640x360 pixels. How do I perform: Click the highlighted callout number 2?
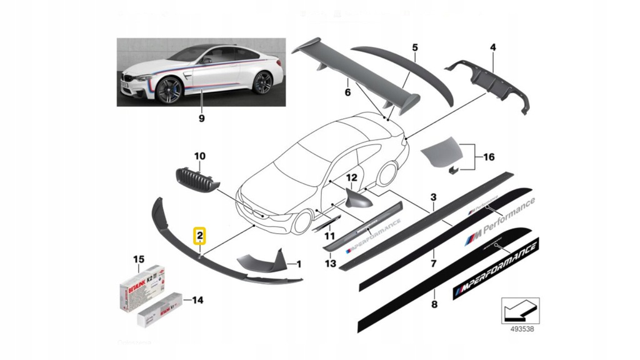(x=199, y=236)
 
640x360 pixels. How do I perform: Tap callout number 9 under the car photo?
(x=201, y=117)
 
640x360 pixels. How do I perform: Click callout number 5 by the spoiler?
(x=414, y=47)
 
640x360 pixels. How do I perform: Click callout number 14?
(x=197, y=301)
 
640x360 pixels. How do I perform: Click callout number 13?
(x=331, y=264)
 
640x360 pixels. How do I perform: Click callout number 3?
(x=434, y=197)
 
